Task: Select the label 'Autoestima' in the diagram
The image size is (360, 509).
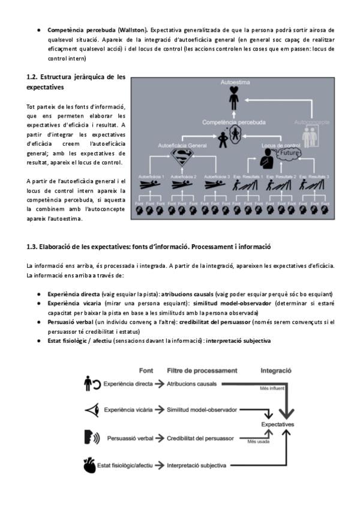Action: click(233, 81)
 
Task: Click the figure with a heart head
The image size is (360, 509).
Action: click(234, 98)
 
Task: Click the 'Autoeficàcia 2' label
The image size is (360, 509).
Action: click(183, 177)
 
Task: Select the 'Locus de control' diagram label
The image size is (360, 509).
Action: click(281, 145)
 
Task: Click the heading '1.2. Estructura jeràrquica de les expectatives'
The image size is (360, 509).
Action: click(76, 82)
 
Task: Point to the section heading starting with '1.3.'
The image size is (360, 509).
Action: click(149, 247)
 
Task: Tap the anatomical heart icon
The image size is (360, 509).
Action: click(88, 465)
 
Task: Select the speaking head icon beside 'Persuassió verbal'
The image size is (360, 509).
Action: click(91, 437)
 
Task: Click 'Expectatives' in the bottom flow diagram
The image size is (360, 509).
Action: click(278, 424)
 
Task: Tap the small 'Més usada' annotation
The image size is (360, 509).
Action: click(259, 442)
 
